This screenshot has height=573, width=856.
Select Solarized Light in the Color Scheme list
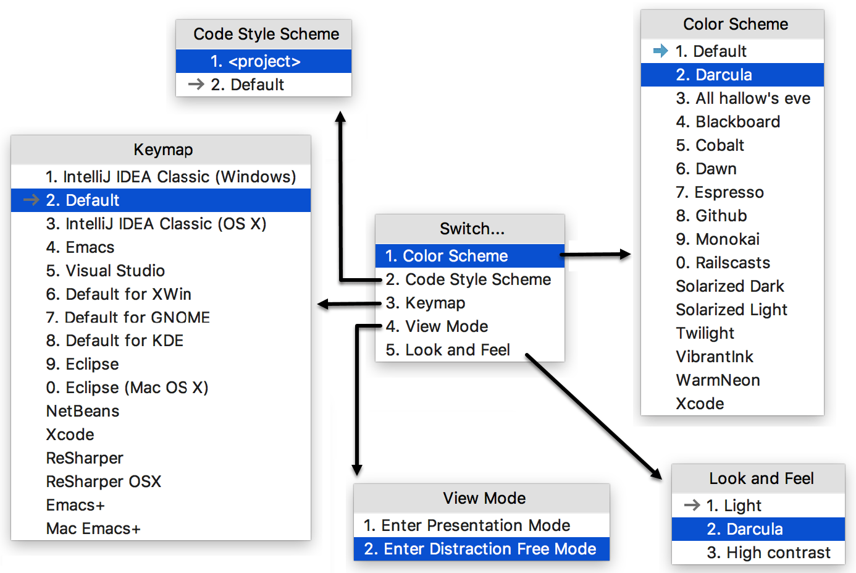point(731,310)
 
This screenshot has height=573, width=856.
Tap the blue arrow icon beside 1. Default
point(661,51)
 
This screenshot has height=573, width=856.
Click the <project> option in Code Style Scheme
point(264,61)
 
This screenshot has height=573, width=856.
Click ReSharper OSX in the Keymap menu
point(103,482)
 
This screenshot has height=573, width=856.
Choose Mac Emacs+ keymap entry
point(93,528)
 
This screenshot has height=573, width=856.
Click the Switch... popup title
point(472,229)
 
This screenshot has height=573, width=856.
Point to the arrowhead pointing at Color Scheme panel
point(626,253)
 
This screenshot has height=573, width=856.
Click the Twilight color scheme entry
point(705,333)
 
